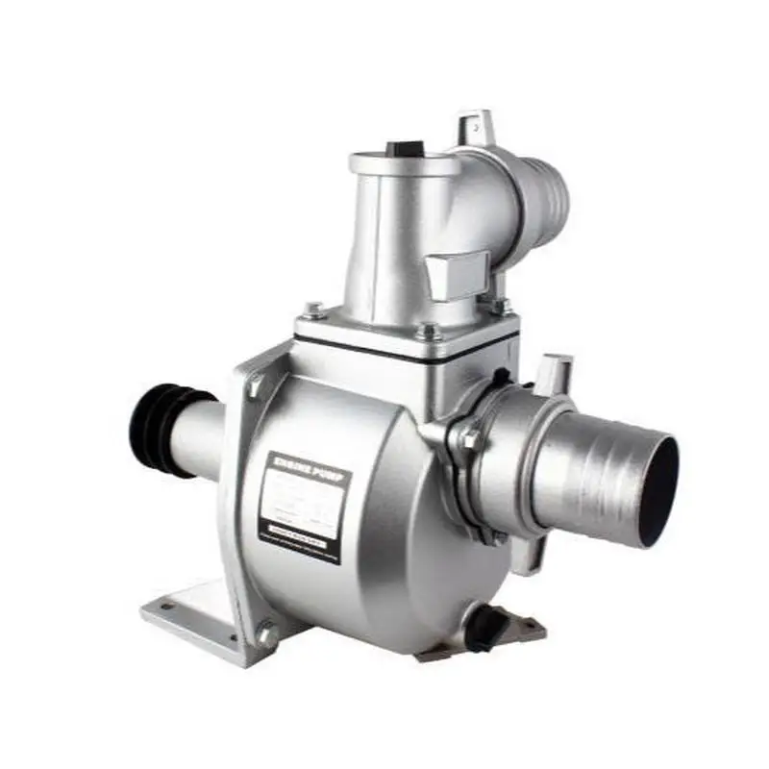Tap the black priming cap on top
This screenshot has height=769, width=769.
405,149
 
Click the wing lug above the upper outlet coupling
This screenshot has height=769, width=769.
477,128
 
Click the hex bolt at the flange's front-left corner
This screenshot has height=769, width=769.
313,310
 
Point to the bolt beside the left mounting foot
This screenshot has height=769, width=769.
266,634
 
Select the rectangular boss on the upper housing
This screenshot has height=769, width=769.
456,275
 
